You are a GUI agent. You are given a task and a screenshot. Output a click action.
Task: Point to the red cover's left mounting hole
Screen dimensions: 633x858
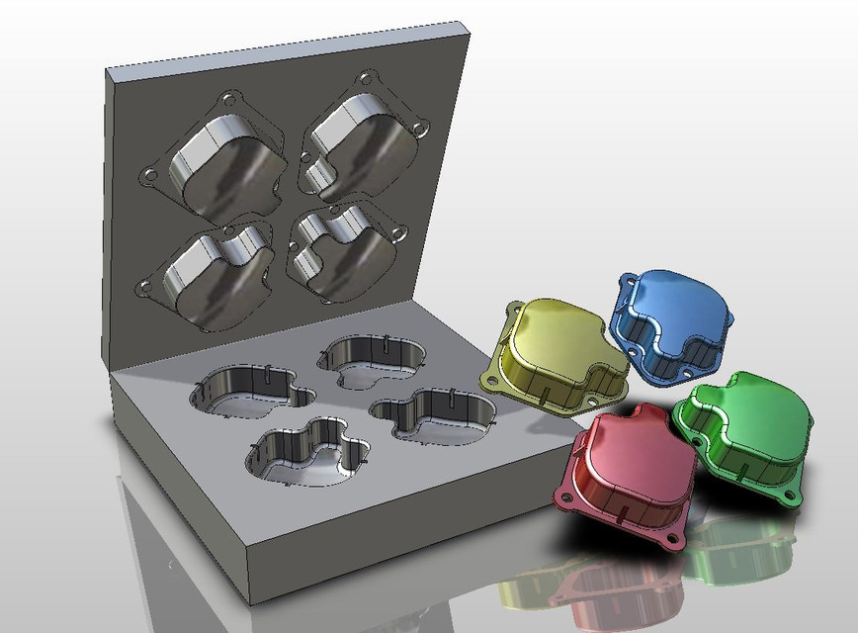(566, 494)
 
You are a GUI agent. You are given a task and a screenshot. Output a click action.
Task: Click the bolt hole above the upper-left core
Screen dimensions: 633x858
(229, 99)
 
